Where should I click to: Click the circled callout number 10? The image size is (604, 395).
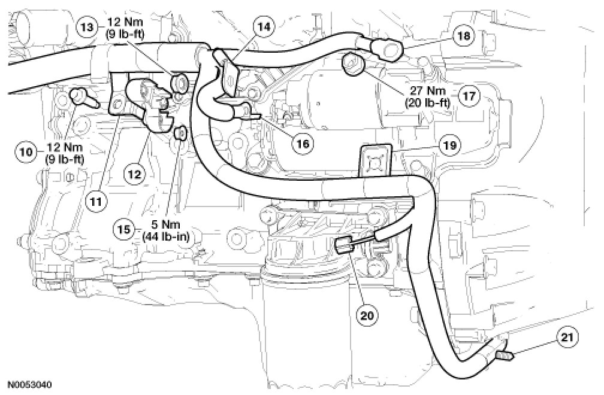pyautogui.click(x=24, y=152)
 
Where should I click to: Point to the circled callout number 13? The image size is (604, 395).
pyautogui.click(x=87, y=27)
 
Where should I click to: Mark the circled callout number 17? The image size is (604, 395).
pyautogui.click(x=469, y=96)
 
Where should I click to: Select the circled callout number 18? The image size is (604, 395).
pyautogui.click(x=463, y=35)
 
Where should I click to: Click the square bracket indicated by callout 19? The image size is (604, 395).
pyautogui.click(x=375, y=160)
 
